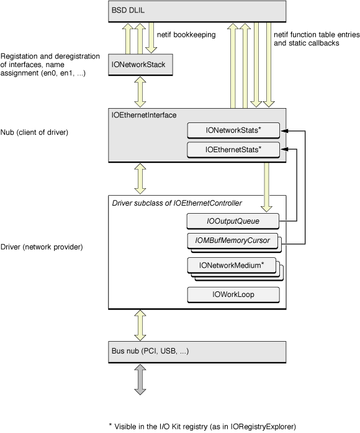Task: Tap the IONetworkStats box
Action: [x=233, y=130]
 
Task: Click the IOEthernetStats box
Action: [x=233, y=150]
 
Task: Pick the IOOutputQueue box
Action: [x=233, y=220]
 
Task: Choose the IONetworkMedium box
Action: [x=232, y=265]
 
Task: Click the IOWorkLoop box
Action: [x=233, y=294]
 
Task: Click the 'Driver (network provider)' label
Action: [x=42, y=247]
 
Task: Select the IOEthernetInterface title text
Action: [x=145, y=115]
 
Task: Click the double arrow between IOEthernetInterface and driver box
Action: [x=140, y=180]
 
